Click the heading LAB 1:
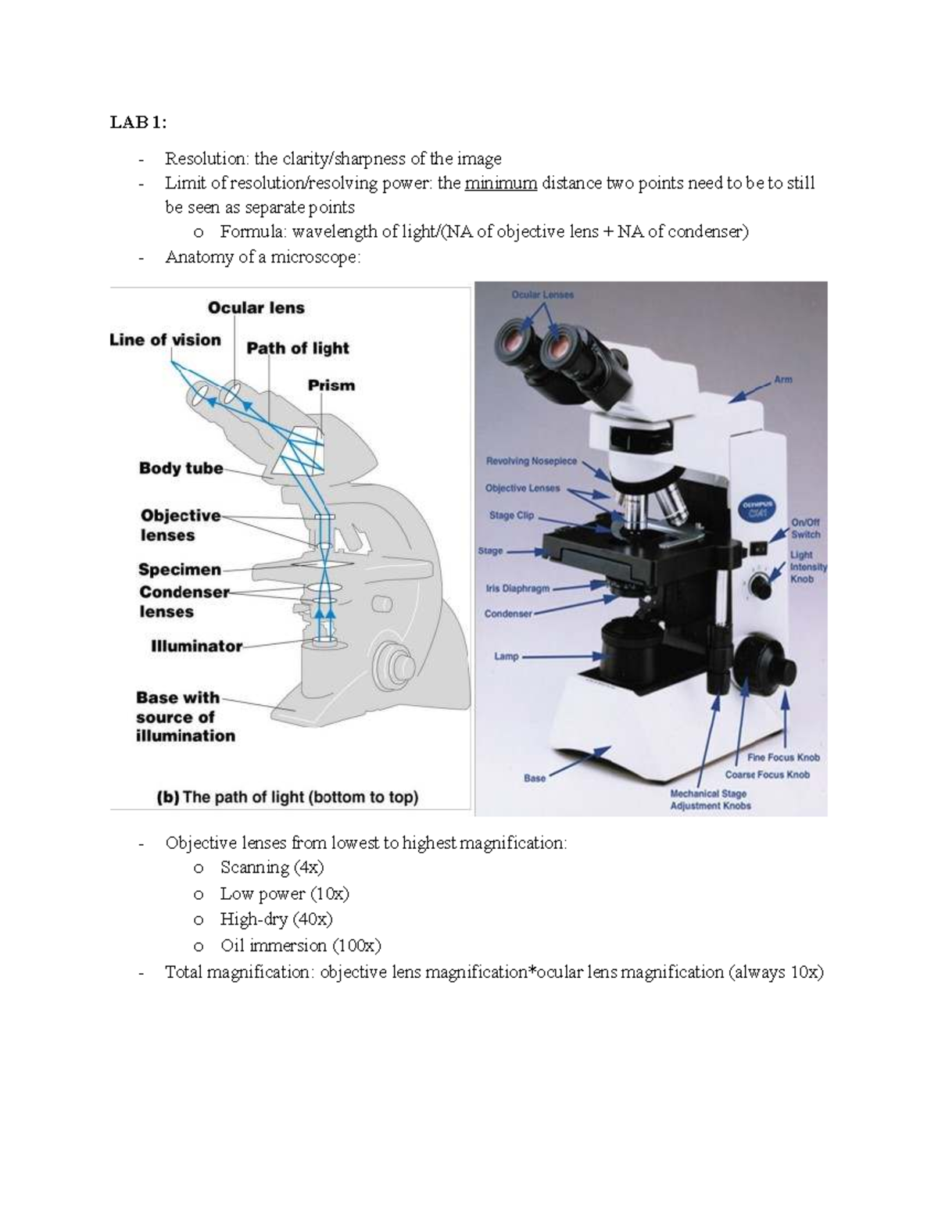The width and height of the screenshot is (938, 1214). tap(138, 123)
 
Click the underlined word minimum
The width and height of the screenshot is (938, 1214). tap(500, 184)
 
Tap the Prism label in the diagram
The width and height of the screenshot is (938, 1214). tap(331, 385)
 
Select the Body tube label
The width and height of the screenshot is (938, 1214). tap(181, 468)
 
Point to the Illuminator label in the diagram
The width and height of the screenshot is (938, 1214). tap(196, 646)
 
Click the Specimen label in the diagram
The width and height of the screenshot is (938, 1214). tap(180, 570)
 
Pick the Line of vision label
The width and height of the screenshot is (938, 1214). tap(165, 340)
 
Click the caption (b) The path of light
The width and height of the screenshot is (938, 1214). tap(288, 797)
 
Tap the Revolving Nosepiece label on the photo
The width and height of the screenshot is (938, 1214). tap(531, 461)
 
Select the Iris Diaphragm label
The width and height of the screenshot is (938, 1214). tap(517, 589)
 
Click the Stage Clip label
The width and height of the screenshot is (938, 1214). tap(512, 516)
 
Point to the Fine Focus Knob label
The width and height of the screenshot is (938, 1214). tap(783, 757)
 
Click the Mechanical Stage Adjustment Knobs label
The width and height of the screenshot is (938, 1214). tap(710, 800)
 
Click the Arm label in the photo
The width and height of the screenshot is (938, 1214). tap(782, 380)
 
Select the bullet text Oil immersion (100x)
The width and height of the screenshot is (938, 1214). tap(300, 946)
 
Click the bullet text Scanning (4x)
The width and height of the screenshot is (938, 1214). tap(271, 868)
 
